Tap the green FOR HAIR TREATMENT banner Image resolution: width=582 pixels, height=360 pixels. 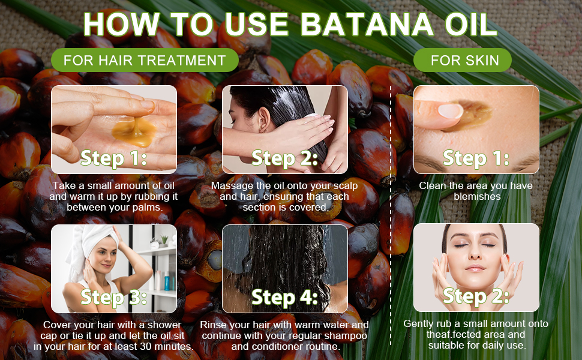[145, 61]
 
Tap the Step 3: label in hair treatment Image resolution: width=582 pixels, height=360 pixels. [113, 297]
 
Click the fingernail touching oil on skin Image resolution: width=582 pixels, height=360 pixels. [450, 110]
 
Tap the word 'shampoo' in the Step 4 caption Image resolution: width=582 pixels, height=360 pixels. [343, 335]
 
